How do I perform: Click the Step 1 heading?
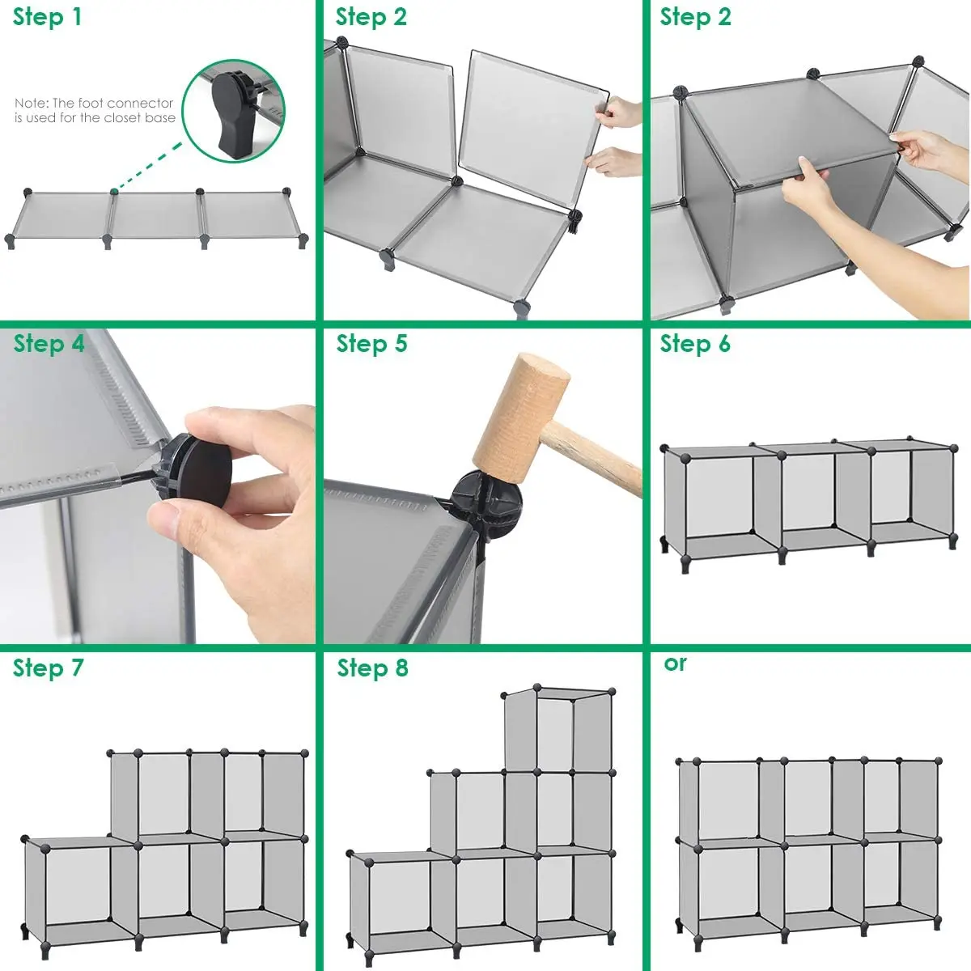click(x=47, y=17)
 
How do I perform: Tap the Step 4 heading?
click(x=49, y=343)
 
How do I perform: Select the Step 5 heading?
click(x=372, y=343)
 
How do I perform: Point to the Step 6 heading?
click(x=695, y=343)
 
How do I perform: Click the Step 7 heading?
click(x=48, y=668)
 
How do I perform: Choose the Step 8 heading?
click(x=372, y=668)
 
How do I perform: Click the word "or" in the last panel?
click(x=675, y=664)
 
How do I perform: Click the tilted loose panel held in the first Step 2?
click(x=533, y=128)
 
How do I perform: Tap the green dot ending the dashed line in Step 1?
click(x=114, y=192)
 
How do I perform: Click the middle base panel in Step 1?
click(x=155, y=214)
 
